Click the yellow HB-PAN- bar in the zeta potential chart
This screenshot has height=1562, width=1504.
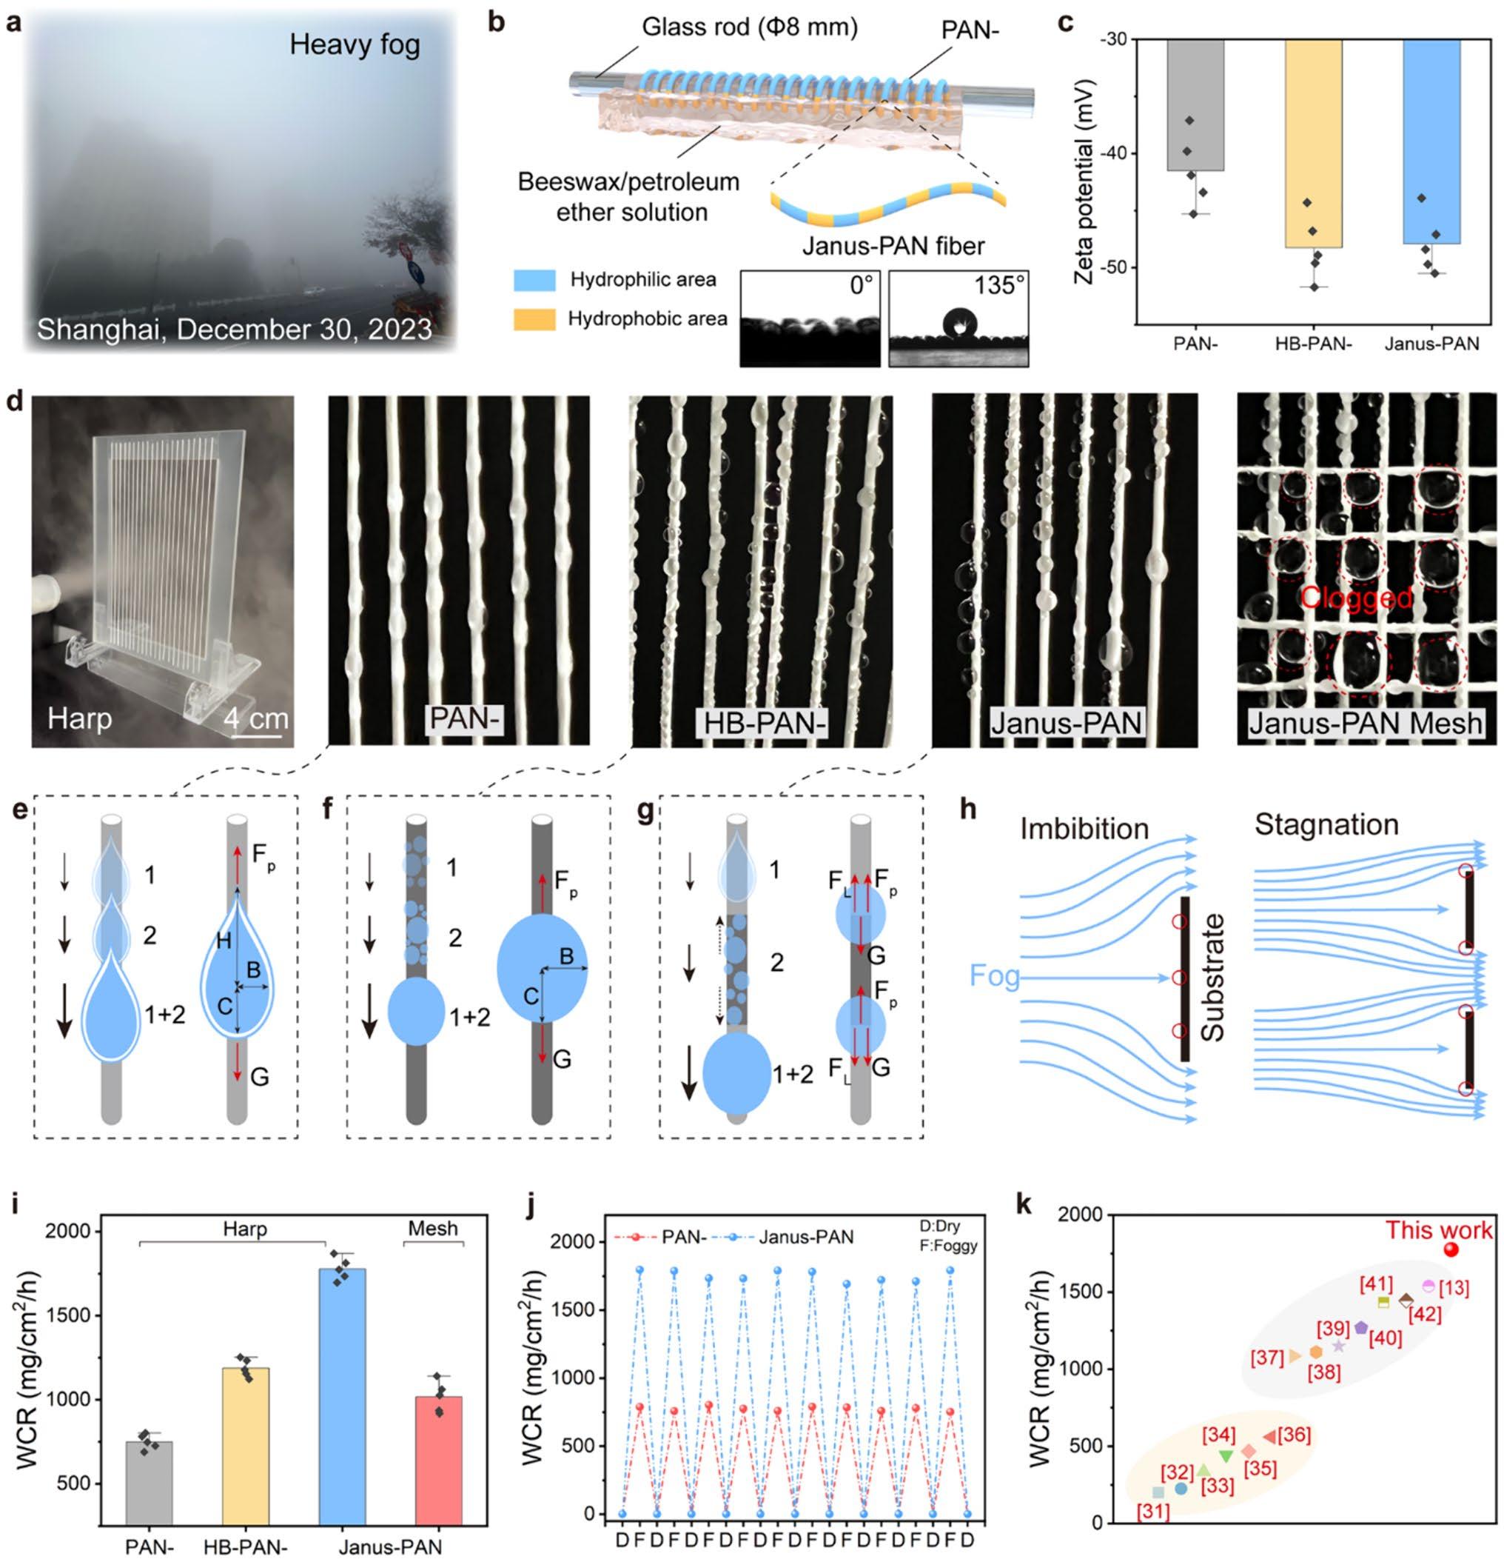pyautogui.click(x=1312, y=144)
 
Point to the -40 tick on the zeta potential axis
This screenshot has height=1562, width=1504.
pyautogui.click(x=1125, y=154)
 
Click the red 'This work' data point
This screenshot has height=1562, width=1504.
pyautogui.click(x=1451, y=1271)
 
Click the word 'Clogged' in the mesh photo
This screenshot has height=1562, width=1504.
pyautogui.click(x=1357, y=597)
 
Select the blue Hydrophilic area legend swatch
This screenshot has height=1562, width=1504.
pyautogui.click(x=534, y=280)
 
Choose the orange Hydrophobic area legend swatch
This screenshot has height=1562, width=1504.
pyautogui.click(x=534, y=319)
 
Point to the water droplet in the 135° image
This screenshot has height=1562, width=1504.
pyautogui.click(x=959, y=323)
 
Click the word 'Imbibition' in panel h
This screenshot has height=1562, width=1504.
pyautogui.click(x=1084, y=829)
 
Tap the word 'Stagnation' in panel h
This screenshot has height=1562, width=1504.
pyautogui.click(x=1326, y=824)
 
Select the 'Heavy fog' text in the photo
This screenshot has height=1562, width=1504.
pyautogui.click(x=355, y=44)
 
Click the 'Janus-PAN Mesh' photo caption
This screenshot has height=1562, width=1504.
pyautogui.click(x=1366, y=723)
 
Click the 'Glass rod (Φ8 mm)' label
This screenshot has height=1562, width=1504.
pyautogui.click(x=750, y=28)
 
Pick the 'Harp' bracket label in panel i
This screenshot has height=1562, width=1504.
pyautogui.click(x=244, y=1228)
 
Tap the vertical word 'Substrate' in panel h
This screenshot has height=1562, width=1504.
pyautogui.click(x=1212, y=978)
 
